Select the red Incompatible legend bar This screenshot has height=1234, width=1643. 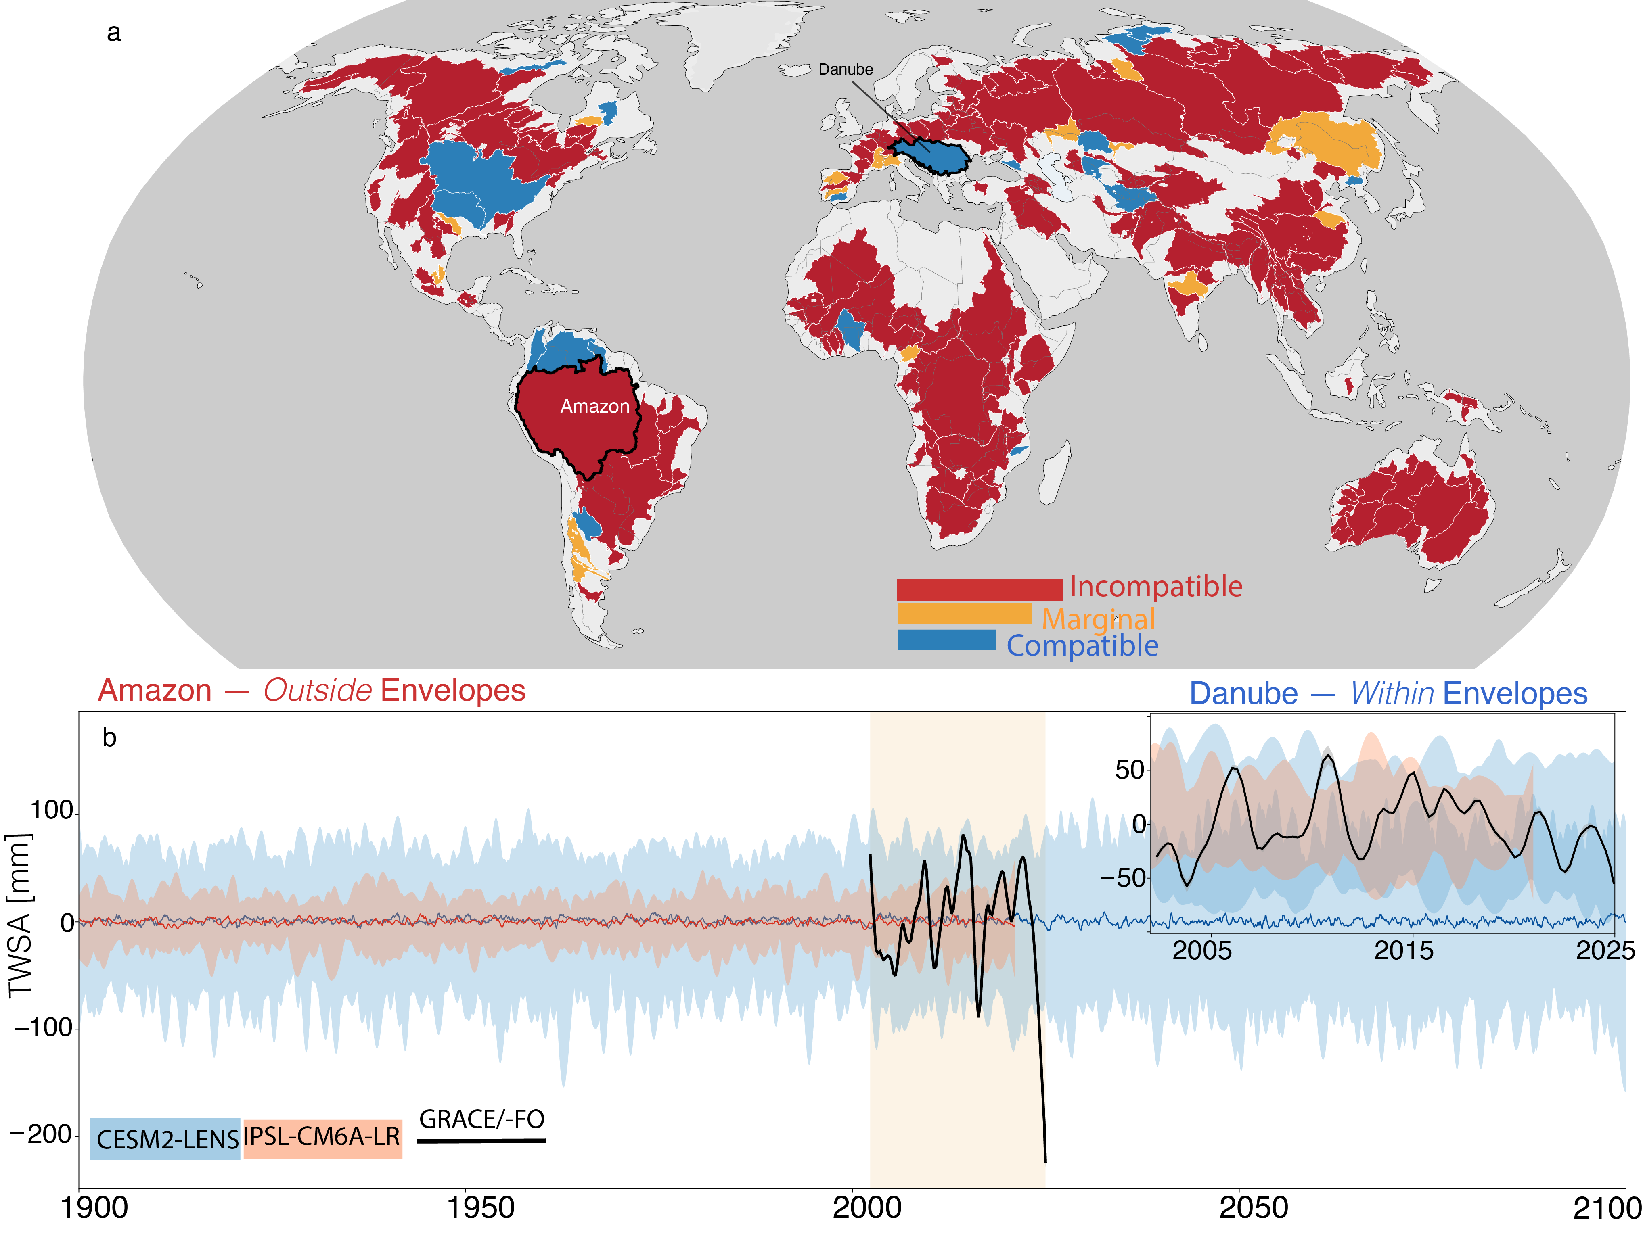(980, 589)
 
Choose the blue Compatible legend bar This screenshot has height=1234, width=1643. (946, 639)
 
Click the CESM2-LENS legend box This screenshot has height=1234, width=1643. (165, 1139)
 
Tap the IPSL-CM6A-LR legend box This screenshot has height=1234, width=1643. (322, 1139)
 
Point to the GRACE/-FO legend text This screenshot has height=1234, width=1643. (482, 1119)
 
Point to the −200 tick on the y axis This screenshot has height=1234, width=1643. (42, 1134)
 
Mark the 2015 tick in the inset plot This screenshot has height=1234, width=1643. (1404, 950)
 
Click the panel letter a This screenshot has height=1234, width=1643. (114, 33)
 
